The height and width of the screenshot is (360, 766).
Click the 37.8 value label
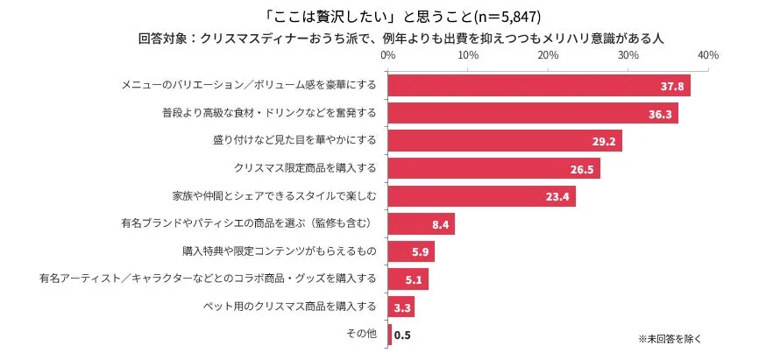672,86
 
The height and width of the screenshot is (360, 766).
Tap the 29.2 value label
604,141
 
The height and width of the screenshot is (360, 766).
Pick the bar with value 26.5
493,168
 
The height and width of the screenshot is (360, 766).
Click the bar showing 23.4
480,196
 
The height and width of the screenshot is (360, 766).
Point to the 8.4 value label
441,224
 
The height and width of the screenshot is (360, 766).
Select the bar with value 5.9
410,252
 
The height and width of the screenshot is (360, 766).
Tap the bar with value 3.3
400,307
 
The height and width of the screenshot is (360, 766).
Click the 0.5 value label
403,335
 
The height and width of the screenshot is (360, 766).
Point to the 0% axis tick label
387,55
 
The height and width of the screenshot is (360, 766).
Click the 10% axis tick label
467,55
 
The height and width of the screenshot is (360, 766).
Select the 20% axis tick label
548,55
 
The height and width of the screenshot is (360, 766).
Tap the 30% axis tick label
628,55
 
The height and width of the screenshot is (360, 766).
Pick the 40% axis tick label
707,55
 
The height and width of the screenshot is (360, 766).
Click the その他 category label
362,335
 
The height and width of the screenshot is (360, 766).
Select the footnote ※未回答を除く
670,338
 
